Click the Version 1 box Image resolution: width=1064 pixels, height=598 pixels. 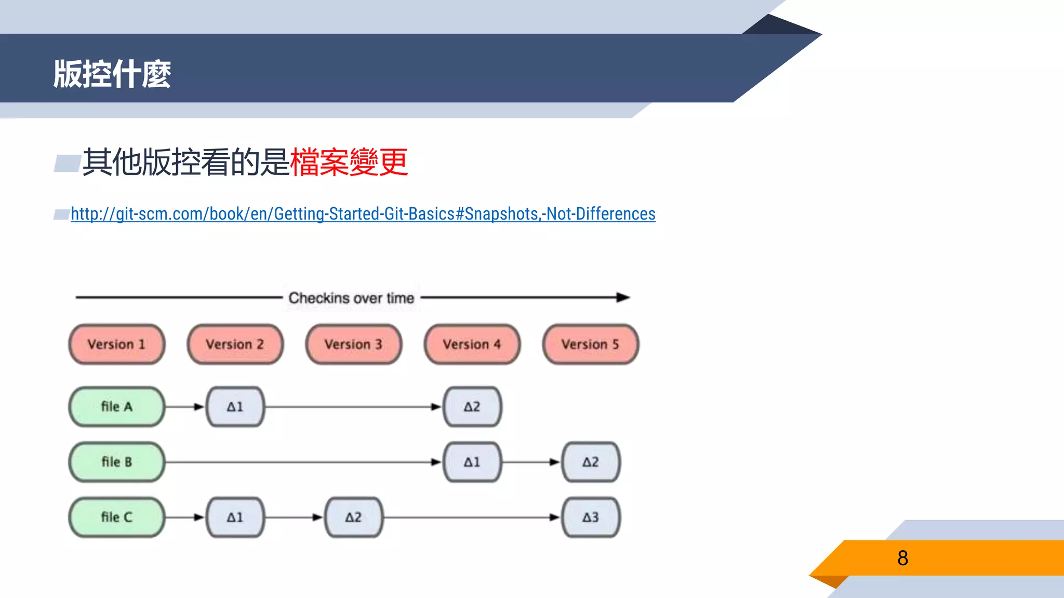(x=117, y=344)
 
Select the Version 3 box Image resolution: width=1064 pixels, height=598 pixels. (x=354, y=344)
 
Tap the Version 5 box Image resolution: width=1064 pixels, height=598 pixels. (x=591, y=344)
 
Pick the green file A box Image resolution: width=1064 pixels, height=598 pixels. (x=117, y=406)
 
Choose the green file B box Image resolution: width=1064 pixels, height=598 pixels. (x=117, y=461)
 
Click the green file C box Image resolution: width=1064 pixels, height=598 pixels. (x=117, y=517)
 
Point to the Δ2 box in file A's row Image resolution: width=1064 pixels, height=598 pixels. (x=472, y=406)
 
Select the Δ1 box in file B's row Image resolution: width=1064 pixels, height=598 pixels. (x=472, y=461)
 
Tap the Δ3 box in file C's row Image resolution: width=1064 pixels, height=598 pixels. (x=591, y=517)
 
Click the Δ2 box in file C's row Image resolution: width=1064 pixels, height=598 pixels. (x=354, y=517)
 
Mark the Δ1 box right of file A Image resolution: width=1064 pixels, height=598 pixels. (x=235, y=406)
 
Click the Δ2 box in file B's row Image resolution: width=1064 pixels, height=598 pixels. (x=591, y=461)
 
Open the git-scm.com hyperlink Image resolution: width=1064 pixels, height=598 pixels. (x=363, y=214)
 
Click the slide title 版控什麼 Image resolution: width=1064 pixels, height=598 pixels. (x=112, y=74)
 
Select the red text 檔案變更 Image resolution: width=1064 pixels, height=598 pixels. (x=349, y=162)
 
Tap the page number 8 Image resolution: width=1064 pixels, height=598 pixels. (x=902, y=558)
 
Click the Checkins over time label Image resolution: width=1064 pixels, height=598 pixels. (x=351, y=298)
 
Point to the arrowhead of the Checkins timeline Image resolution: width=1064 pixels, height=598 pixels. (x=623, y=297)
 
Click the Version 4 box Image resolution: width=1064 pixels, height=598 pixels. (x=472, y=344)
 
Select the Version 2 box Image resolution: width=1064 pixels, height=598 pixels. (x=235, y=344)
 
